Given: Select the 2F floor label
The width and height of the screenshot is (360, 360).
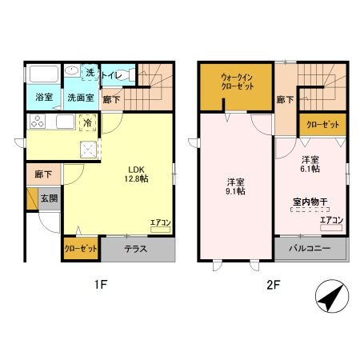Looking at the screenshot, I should [273, 285].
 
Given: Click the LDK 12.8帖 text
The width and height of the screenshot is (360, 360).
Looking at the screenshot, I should [135, 174].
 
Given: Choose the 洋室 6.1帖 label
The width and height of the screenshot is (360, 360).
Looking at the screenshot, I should [310, 164].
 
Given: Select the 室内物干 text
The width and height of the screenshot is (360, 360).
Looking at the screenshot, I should [308, 203].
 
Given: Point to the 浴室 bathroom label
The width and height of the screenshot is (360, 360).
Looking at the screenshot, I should [44, 98].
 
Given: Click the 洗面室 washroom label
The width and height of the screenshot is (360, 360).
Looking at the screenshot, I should [80, 98].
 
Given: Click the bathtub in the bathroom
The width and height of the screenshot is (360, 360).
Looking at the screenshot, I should [43, 74].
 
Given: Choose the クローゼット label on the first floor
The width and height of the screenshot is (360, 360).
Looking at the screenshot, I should [81, 250].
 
